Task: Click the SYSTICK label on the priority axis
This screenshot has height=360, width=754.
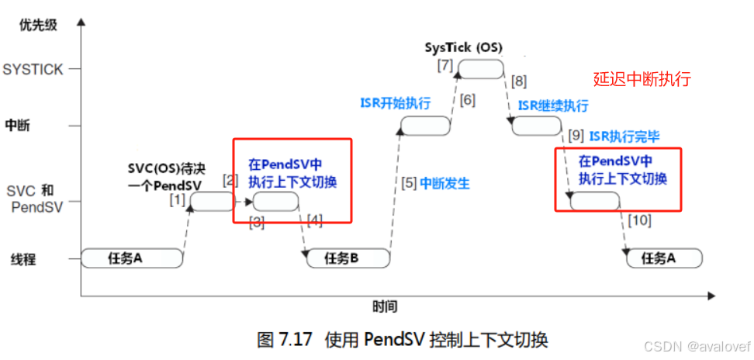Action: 33,69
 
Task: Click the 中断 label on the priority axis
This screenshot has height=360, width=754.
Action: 18,125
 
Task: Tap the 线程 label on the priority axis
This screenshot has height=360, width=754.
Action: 22,260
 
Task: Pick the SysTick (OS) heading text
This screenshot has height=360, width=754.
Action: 463,47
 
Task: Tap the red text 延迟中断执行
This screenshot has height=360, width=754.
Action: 642,79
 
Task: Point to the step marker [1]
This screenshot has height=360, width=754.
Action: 178,200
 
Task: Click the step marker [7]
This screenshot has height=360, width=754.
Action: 444,65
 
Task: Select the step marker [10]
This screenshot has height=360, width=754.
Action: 640,220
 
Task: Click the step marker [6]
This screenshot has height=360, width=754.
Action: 467,99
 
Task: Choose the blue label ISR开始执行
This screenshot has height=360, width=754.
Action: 395,103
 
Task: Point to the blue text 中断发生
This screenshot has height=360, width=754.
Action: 445,184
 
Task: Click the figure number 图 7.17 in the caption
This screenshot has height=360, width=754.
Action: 284,340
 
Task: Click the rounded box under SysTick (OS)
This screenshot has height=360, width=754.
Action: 479,69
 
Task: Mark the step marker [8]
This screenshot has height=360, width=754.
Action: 518,81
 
